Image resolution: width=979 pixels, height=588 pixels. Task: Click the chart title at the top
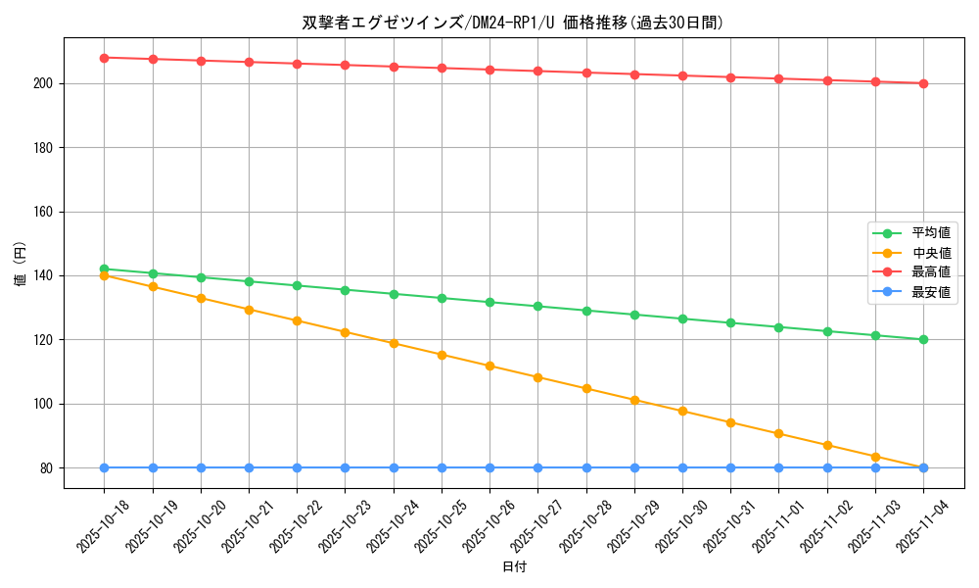513,23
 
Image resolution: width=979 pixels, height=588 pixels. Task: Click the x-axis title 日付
514,567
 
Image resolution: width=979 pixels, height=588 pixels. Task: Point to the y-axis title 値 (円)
20,264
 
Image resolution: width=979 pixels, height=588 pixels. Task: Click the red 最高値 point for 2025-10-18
104,58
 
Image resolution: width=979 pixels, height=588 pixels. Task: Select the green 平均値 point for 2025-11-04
923,340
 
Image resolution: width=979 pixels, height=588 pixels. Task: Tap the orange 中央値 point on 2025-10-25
442,355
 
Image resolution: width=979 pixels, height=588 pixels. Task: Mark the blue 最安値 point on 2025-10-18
104,467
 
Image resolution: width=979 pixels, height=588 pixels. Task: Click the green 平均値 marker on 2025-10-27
537,307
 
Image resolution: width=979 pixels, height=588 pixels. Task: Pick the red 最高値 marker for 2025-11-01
778,78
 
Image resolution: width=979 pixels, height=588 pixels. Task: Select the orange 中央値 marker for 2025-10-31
730,422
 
